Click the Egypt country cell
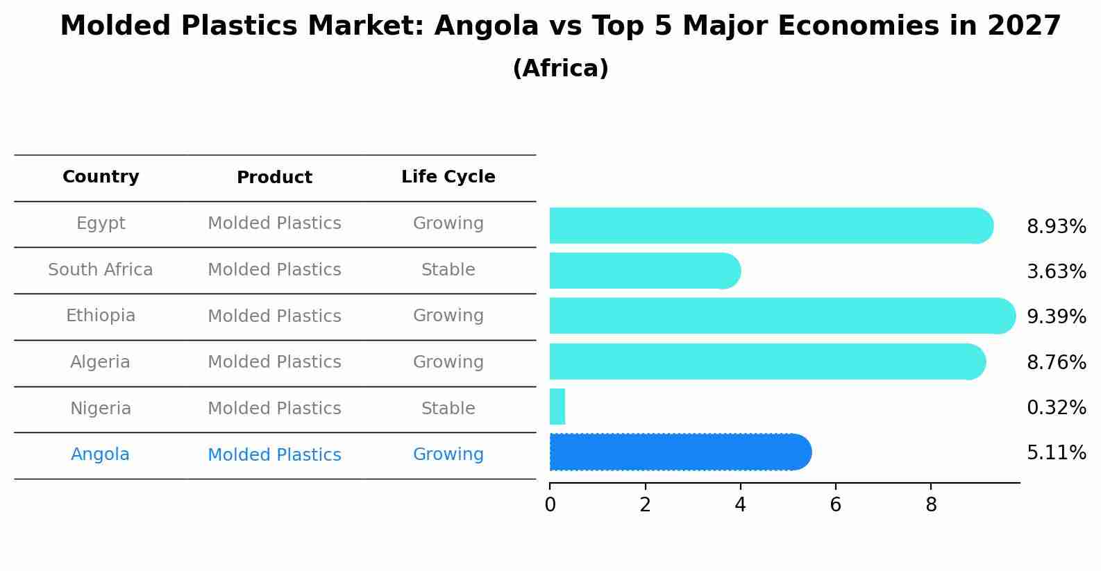click(101, 223)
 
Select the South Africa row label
click(101, 270)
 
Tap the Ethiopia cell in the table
click(101, 316)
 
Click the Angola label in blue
click(100, 454)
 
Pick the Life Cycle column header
click(448, 177)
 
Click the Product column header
click(274, 178)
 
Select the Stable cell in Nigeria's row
click(448, 409)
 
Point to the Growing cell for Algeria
click(448, 362)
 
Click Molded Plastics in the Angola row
click(274, 455)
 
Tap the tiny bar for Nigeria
click(557, 407)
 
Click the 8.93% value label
click(1056, 227)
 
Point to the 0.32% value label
click(1056, 408)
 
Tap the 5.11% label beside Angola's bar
click(1056, 453)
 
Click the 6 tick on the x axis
click(835, 505)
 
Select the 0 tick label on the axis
click(550, 505)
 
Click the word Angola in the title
click(486, 26)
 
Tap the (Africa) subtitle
click(560, 69)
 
